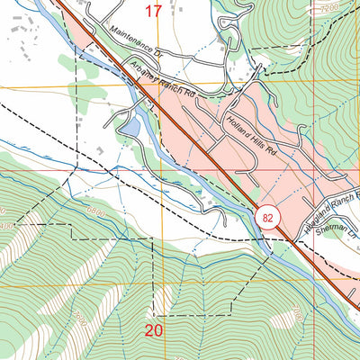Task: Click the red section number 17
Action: [x=154, y=12]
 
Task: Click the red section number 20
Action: [x=155, y=330]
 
